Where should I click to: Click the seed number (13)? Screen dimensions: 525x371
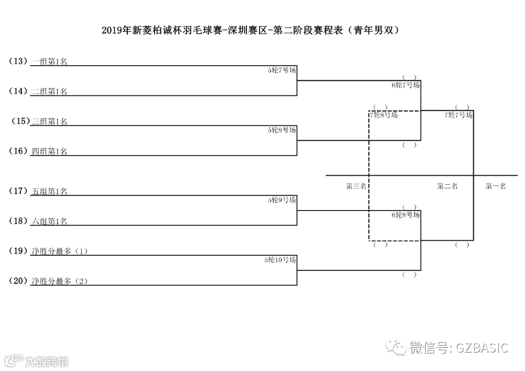(18, 61)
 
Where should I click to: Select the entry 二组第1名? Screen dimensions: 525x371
(49, 91)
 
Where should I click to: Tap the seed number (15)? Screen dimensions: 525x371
(20, 122)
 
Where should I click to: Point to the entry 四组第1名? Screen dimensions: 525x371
(49, 152)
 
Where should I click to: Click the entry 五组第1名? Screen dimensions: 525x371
(49, 192)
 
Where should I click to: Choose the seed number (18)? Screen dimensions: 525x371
(18, 221)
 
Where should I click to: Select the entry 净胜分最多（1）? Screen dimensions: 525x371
(59, 251)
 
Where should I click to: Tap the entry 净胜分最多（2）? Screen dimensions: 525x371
(59, 281)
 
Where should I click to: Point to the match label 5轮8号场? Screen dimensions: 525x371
(282, 130)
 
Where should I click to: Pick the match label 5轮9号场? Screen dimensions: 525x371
(282, 200)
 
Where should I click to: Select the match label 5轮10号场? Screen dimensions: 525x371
(280, 260)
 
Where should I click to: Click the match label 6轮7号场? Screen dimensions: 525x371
(405, 85)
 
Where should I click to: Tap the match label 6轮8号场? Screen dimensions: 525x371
(405, 215)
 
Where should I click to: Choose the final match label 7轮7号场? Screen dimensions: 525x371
(458, 115)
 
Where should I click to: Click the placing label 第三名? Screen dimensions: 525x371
(356, 186)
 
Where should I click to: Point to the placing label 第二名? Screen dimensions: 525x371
(447, 186)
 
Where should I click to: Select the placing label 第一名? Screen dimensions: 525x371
(496, 186)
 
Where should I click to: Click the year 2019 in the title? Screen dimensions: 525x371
(112, 31)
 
